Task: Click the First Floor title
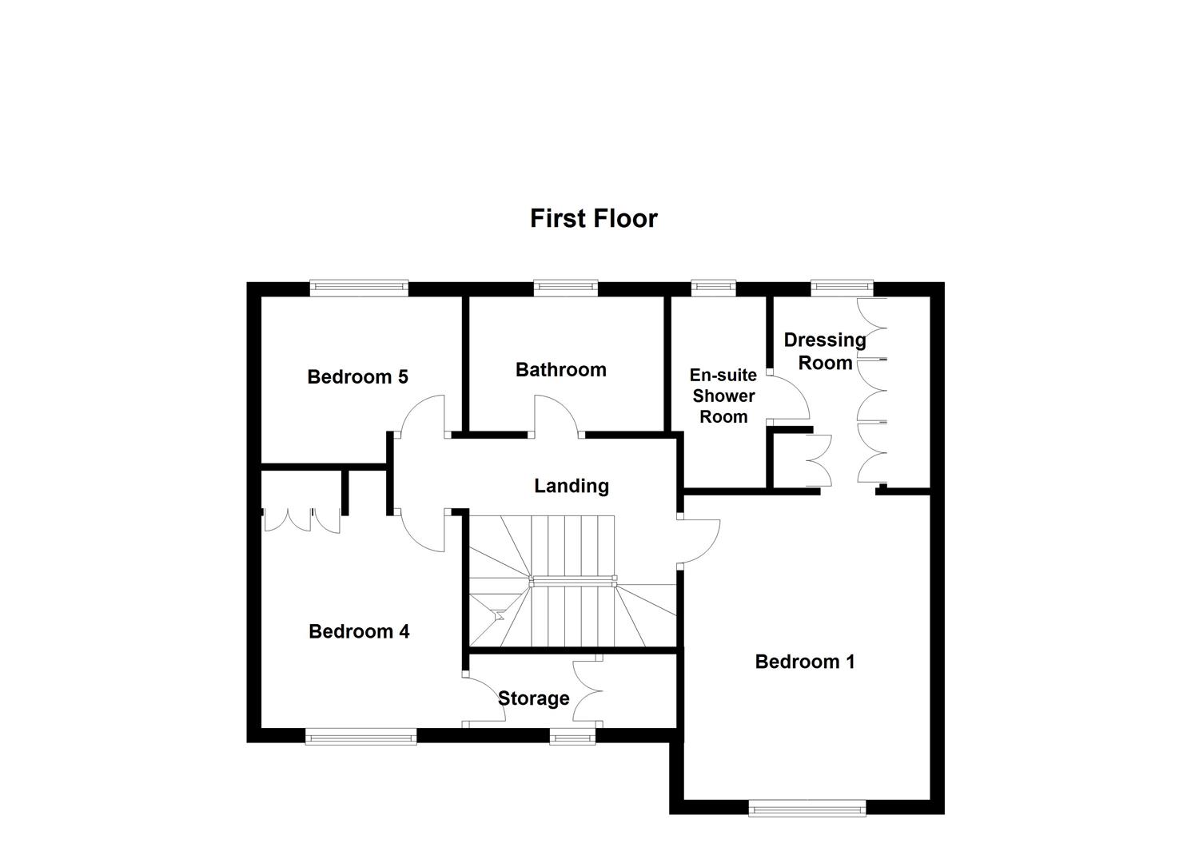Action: (x=593, y=218)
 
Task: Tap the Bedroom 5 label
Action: (x=357, y=376)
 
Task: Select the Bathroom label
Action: (x=560, y=370)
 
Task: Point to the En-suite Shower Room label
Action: (x=723, y=396)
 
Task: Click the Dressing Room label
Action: (x=825, y=351)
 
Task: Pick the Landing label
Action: (x=572, y=486)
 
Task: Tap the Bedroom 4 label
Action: (x=359, y=631)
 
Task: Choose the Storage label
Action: (x=533, y=698)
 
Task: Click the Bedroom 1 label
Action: (x=804, y=662)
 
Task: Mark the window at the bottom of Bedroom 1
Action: (x=807, y=809)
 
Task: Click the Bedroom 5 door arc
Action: (x=424, y=415)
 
